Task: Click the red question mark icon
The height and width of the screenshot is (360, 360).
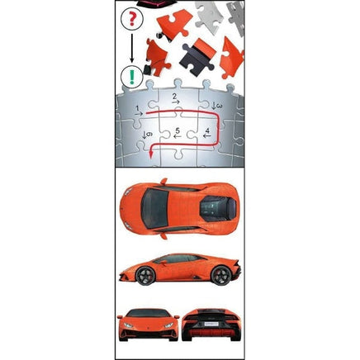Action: pyautogui.click(x=132, y=18)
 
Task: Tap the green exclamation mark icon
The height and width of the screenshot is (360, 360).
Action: pyautogui.click(x=132, y=77)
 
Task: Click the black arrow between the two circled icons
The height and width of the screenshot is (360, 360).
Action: pyautogui.click(x=132, y=48)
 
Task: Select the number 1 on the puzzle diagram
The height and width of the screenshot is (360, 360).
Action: pyautogui.click(x=138, y=108)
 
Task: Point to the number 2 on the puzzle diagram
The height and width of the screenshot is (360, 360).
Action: pyautogui.click(x=174, y=97)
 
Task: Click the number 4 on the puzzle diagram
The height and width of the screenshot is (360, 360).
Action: pyautogui.click(x=207, y=130)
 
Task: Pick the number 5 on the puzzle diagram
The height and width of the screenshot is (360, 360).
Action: pyautogui.click(x=178, y=130)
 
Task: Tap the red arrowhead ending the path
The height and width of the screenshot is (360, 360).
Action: pyautogui.click(x=150, y=155)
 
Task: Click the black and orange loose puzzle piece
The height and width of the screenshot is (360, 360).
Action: pyautogui.click(x=198, y=57)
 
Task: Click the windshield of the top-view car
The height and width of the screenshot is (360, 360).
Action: pyautogui.click(x=154, y=208)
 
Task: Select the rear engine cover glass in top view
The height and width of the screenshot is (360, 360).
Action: pyautogui.click(x=218, y=209)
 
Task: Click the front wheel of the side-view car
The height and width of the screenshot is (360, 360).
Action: pyautogui.click(x=146, y=275)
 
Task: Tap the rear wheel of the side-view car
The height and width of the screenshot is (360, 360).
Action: pyautogui.click(x=220, y=275)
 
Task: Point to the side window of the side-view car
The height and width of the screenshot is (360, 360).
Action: pyautogui.click(x=179, y=259)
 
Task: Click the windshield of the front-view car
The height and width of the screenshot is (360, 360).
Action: pyautogui.click(x=148, y=313)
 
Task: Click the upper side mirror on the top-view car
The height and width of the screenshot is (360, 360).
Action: pyautogui.click(x=164, y=182)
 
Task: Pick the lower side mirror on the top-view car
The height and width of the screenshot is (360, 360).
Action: pyautogui.click(x=164, y=236)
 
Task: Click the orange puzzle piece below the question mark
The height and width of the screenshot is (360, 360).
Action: pyautogui.click(x=157, y=58)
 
